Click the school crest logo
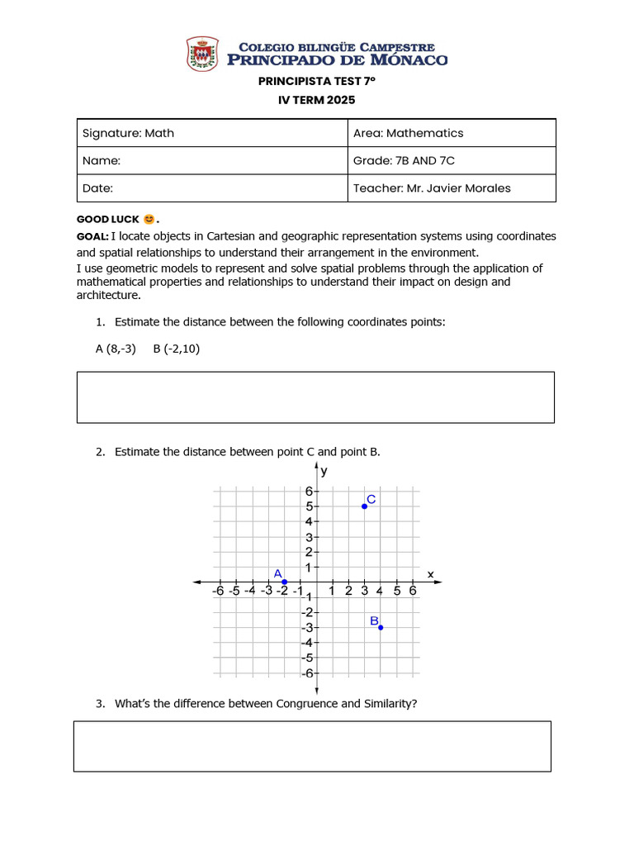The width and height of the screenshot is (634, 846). tap(203, 54)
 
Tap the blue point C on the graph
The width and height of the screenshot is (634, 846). tap(364, 506)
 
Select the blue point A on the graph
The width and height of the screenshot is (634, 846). tap(285, 582)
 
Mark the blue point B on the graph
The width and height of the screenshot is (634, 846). tap(381, 627)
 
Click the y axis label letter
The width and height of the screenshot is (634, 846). tap(324, 472)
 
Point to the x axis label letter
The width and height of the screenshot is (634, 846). tap(430, 573)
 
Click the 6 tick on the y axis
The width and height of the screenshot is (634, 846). tap(307, 491)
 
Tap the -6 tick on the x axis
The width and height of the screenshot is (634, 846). tap(218, 591)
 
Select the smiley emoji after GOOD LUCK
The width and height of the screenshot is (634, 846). tap(149, 220)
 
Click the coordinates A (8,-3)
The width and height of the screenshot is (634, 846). tap(116, 349)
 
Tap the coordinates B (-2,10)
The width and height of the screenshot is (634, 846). tap(177, 349)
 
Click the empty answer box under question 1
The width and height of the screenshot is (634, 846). tap(315, 397)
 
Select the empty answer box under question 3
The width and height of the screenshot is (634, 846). tap(312, 746)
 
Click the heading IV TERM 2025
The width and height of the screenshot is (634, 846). tap(316, 100)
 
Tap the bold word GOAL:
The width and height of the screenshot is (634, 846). tap(92, 236)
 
